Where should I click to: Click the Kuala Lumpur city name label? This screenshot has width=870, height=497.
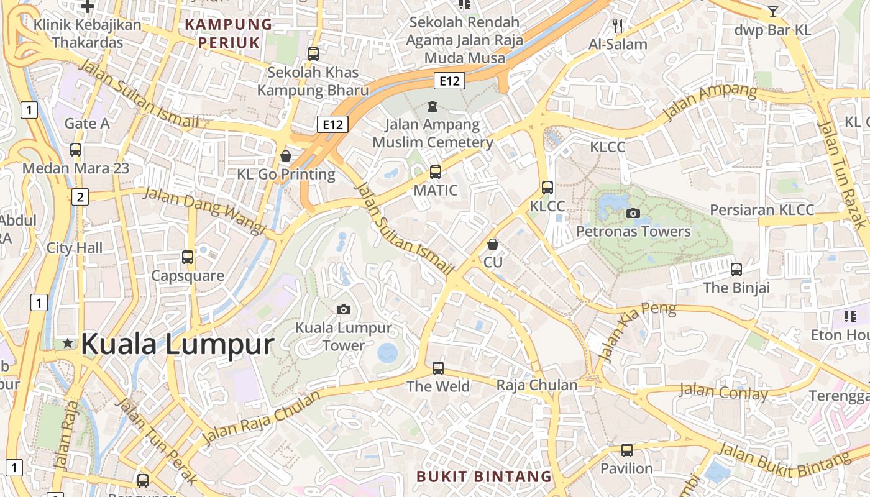pos(177,344)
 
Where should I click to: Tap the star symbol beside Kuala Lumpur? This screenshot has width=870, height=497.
pos(68,343)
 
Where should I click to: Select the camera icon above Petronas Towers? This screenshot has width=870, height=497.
pos(633,213)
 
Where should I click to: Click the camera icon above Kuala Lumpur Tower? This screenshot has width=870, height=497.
pos(343,309)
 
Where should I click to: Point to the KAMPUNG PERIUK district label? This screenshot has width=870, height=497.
pos(229,34)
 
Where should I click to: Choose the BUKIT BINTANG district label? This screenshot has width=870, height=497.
pos(484,476)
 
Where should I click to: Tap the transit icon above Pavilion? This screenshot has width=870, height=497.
pos(627,450)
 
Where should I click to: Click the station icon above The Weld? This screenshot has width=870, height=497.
pos(438,368)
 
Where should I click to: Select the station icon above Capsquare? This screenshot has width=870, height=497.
pos(188,257)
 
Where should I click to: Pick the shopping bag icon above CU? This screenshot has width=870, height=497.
pos(493,244)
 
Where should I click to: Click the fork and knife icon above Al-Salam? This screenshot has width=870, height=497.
pos(618,25)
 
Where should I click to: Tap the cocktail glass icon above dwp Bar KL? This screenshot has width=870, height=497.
pos(772,11)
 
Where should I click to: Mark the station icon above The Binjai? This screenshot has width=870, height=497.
pos(736,269)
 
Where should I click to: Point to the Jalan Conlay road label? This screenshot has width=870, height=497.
pos(723,392)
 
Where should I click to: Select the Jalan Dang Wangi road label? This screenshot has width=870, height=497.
pos(204,211)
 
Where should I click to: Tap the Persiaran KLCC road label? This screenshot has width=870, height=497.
pos(762,210)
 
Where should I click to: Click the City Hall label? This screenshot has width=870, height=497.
pos(75,248)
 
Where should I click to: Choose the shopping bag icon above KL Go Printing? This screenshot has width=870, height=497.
pos(286,155)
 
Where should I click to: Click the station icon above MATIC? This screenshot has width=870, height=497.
pos(436,171)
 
